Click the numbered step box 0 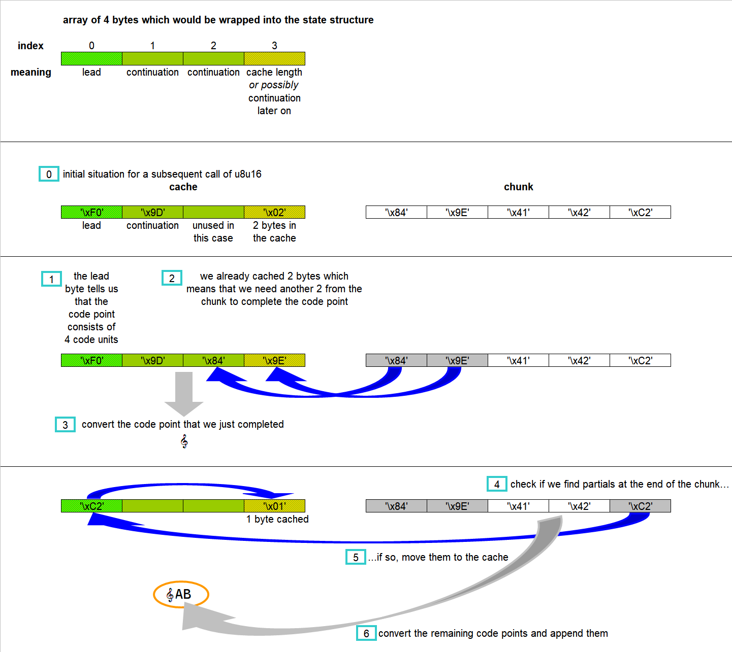pyautogui.click(x=49, y=174)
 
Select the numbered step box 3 pyautogui.click(x=65, y=425)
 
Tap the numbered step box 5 pyautogui.click(x=356, y=557)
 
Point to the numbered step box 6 pyautogui.click(x=366, y=633)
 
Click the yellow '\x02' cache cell pyautogui.click(x=274, y=212)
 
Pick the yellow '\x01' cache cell pyautogui.click(x=274, y=506)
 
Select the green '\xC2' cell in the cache pyautogui.click(x=91, y=506)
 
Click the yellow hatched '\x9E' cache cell pyautogui.click(x=274, y=360)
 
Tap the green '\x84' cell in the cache pyautogui.click(x=213, y=360)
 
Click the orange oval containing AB pyautogui.click(x=181, y=594)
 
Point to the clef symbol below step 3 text pyautogui.click(x=184, y=441)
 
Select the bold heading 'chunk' pyautogui.click(x=518, y=187)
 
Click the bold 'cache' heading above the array pyautogui.click(x=183, y=187)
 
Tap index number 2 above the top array pyautogui.click(x=213, y=46)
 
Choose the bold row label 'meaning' pyautogui.click(x=31, y=72)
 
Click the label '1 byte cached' pyautogui.click(x=277, y=519)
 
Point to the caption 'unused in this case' pyautogui.click(x=213, y=231)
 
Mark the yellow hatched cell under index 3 pyautogui.click(x=274, y=58)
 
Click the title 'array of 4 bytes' pyautogui.click(x=218, y=20)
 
